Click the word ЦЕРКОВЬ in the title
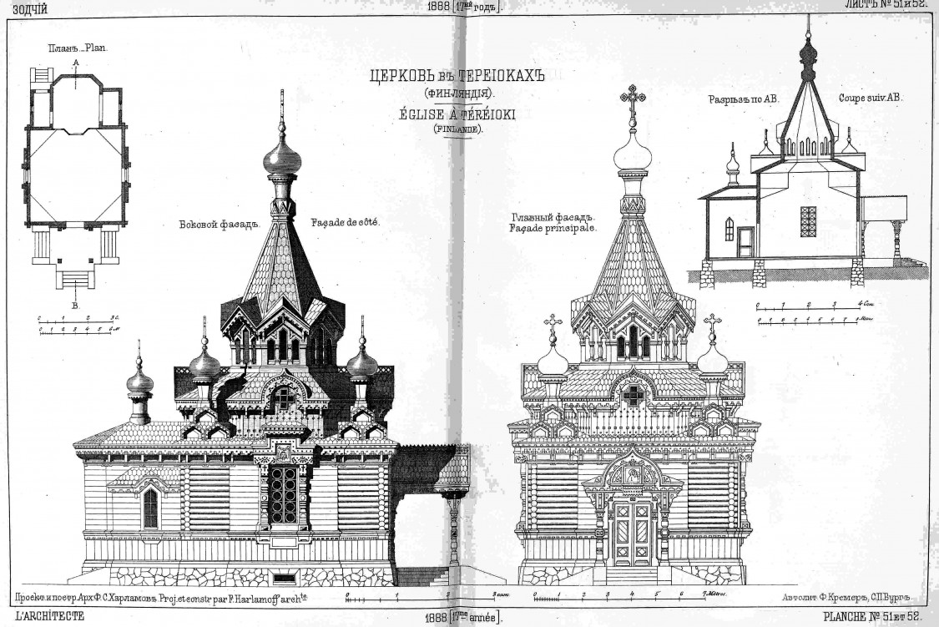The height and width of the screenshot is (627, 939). pyautogui.click(x=399, y=77)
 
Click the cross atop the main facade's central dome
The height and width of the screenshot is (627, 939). pyautogui.click(x=633, y=99)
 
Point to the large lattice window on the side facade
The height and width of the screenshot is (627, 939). pyautogui.click(x=284, y=494)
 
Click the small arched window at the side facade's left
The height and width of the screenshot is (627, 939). pyautogui.click(x=150, y=508)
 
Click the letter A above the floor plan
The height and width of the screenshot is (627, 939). pyautogui.click(x=76, y=63)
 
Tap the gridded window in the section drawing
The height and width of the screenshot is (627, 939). pyautogui.click(x=808, y=221)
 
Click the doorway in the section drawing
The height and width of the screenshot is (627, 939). pyautogui.click(x=745, y=242)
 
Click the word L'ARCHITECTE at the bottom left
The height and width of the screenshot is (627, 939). pyautogui.click(x=38, y=618)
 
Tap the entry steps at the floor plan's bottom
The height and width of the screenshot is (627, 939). pyautogui.click(x=75, y=277)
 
